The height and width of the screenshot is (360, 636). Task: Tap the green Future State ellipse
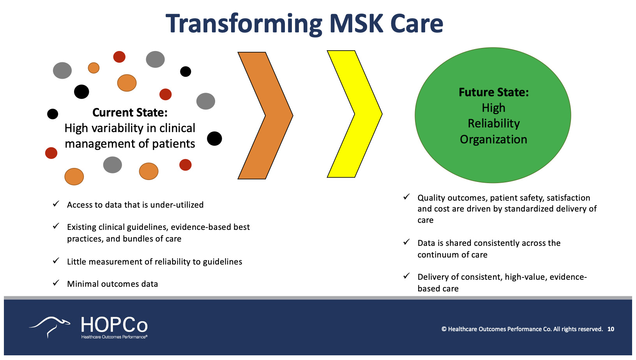[x=493, y=164]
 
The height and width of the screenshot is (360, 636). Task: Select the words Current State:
[x=130, y=113]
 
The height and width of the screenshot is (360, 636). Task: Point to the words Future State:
[x=493, y=92]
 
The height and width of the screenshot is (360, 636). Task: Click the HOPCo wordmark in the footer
[x=114, y=325]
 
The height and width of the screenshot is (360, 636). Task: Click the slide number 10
[x=611, y=329]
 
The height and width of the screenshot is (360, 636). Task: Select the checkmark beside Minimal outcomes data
[x=56, y=283]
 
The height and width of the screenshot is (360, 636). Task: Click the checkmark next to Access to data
[x=56, y=204]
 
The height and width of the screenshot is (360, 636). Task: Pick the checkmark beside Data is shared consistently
[x=406, y=242]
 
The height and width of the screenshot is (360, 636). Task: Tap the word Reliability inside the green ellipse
[x=493, y=124]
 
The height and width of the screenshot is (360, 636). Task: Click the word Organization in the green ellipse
[x=493, y=139]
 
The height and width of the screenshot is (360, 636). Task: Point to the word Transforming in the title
[x=244, y=24]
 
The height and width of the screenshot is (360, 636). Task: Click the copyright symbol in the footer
[x=443, y=329]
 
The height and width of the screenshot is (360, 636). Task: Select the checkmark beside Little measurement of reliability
[x=56, y=261]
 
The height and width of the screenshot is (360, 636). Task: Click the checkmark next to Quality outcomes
[x=406, y=197]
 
